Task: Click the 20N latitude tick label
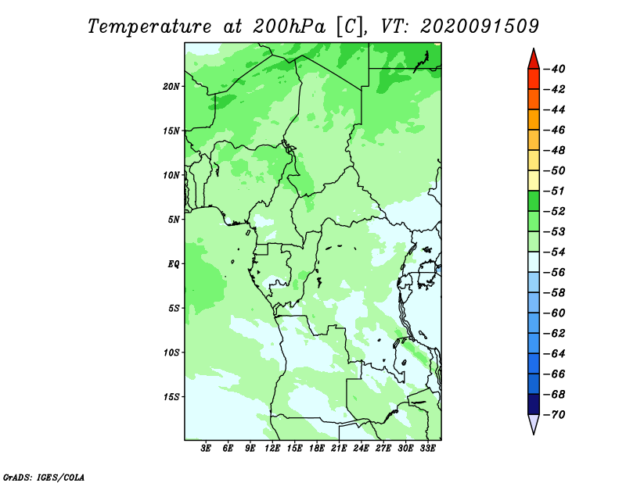(171, 86)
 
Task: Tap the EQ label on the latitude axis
(174, 263)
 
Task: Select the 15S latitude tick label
(171, 397)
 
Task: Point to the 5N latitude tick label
(174, 220)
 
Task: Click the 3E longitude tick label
(206, 448)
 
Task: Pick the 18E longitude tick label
(317, 448)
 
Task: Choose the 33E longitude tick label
(427, 448)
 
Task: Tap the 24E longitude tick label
(361, 448)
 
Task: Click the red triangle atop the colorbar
(534, 60)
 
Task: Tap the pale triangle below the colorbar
(534, 423)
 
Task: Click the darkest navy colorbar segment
(534, 404)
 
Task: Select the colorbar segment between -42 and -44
(534, 99)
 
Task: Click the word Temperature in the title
(149, 27)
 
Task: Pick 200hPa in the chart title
(290, 27)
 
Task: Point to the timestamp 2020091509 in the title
(480, 27)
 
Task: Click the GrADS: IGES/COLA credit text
(44, 477)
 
